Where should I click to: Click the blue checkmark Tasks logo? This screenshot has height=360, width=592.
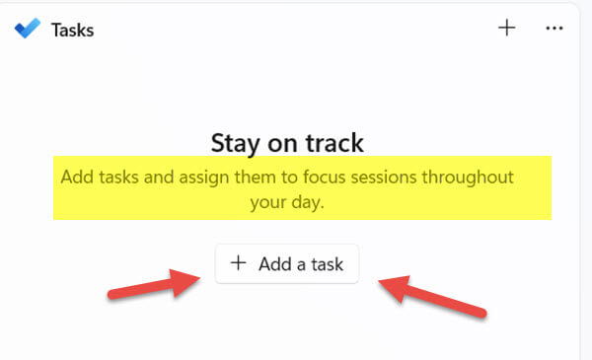click(28, 28)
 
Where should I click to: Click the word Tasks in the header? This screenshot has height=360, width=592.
click(72, 31)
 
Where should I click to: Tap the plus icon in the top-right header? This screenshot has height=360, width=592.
click(507, 28)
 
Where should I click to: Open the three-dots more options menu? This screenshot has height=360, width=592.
click(555, 28)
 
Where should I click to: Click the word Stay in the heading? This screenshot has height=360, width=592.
click(235, 143)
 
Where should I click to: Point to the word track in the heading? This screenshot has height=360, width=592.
click(334, 143)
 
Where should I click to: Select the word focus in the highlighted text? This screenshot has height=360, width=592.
click(325, 177)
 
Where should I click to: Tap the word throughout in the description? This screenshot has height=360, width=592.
click(468, 177)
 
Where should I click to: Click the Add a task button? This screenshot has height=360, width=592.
click(287, 263)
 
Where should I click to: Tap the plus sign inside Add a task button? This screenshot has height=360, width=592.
click(239, 262)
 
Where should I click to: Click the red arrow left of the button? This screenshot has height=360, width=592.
click(154, 284)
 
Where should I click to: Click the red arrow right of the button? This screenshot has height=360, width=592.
click(433, 297)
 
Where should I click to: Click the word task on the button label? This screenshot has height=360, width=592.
click(328, 264)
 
